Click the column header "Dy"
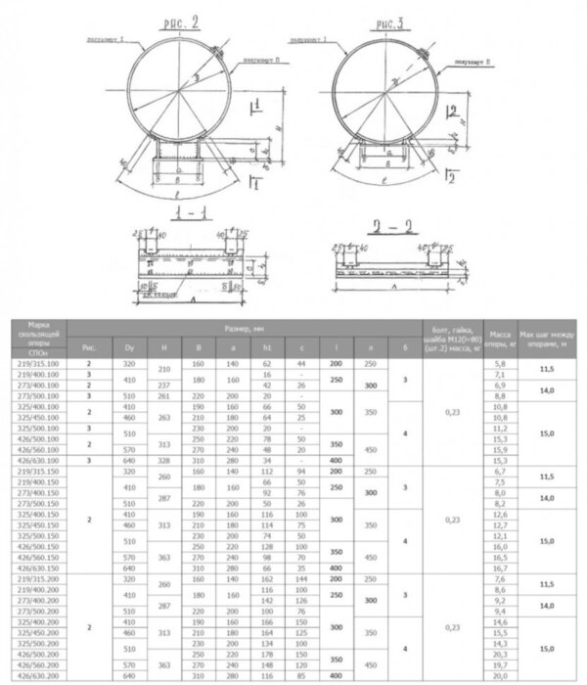point(128,345)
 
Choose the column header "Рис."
point(89,345)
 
